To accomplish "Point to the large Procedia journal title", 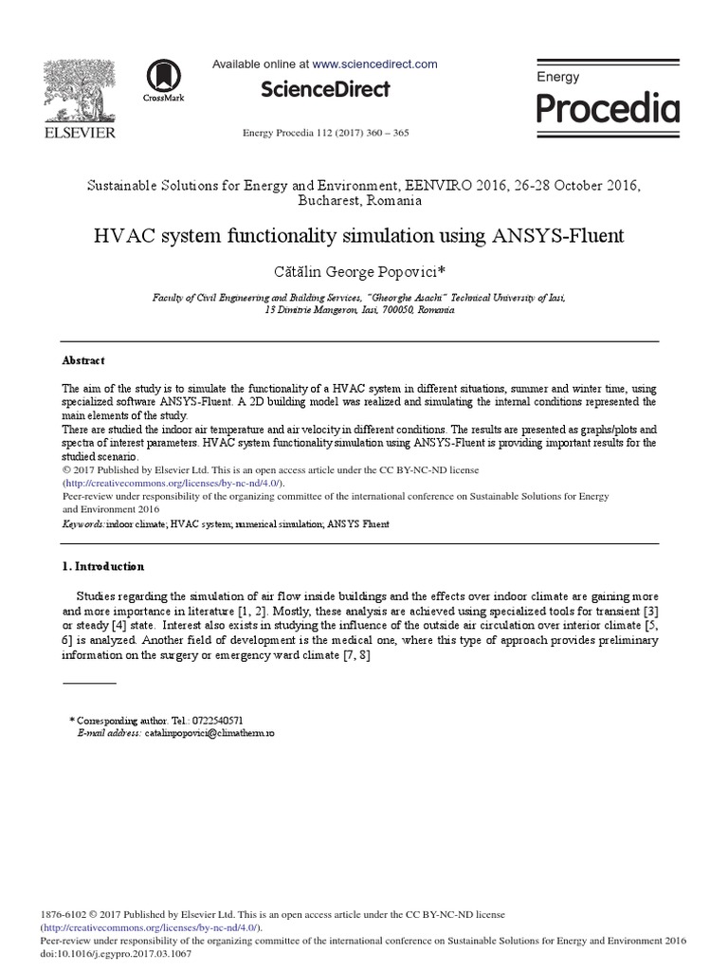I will (608, 108).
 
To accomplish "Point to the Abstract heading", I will (83, 361).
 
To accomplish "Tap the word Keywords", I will (83, 523).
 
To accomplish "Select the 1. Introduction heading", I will (103, 566).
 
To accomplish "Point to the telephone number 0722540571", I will (223, 721).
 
